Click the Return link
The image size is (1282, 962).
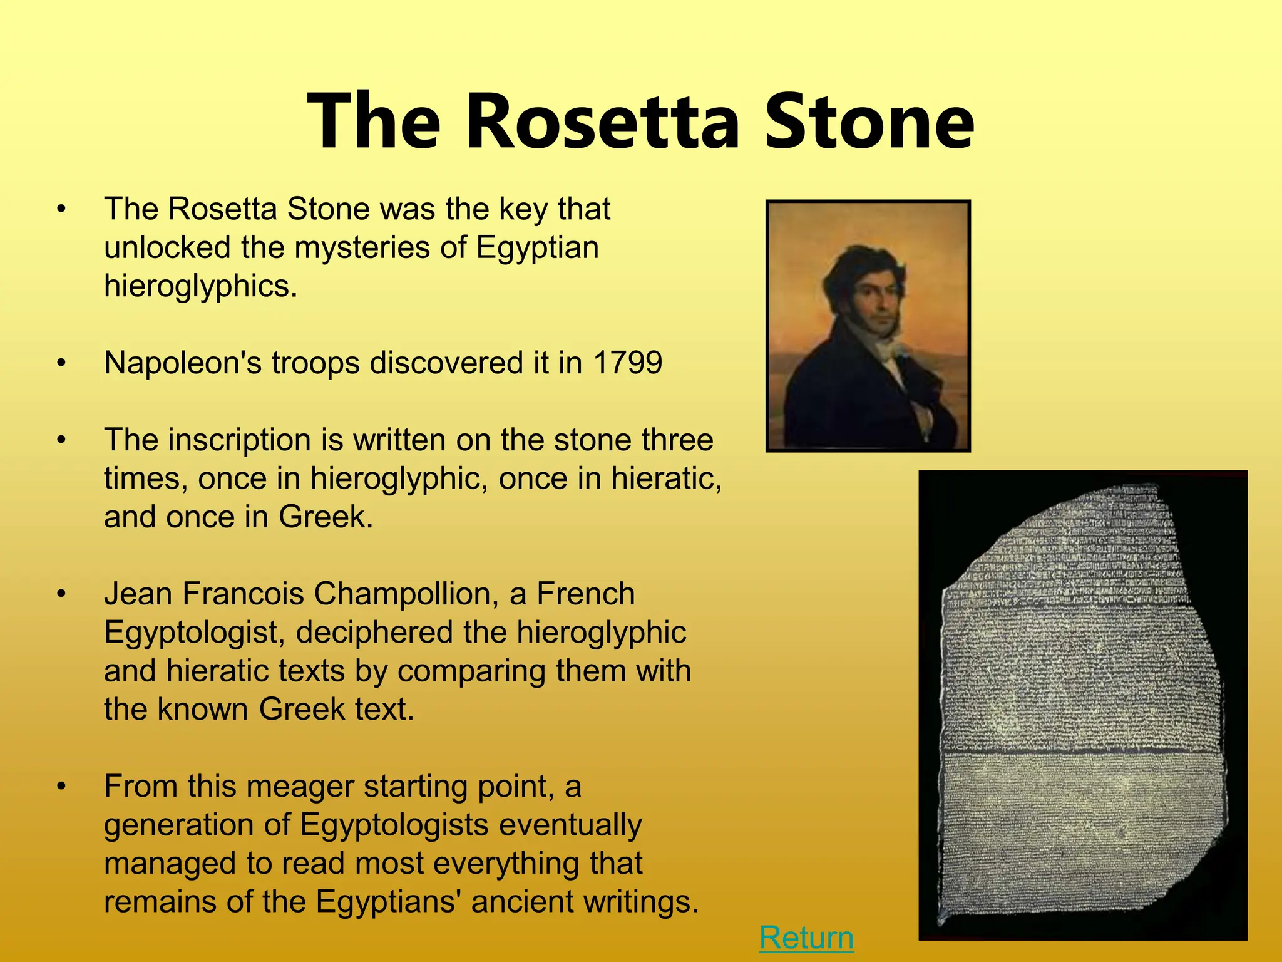[x=806, y=938]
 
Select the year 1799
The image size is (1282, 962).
[x=627, y=363]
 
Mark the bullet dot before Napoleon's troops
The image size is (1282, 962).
[x=61, y=363]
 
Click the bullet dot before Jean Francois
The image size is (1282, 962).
[x=61, y=594]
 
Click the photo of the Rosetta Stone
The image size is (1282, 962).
[x=1082, y=705]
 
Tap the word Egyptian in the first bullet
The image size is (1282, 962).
[x=537, y=247]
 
